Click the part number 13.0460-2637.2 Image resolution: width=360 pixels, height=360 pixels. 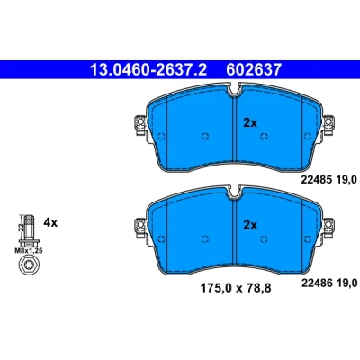148,70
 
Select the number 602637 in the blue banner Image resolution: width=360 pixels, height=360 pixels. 254,70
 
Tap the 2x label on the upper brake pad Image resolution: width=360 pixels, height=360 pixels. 250,122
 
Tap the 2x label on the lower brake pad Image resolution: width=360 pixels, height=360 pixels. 250,225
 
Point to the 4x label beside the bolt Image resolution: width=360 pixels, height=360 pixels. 50,222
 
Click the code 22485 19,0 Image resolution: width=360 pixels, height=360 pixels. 329,180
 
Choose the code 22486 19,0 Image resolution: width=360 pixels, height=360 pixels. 329,283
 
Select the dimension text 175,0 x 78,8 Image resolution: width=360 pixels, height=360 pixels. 236,288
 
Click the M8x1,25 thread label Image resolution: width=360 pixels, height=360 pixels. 29,251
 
